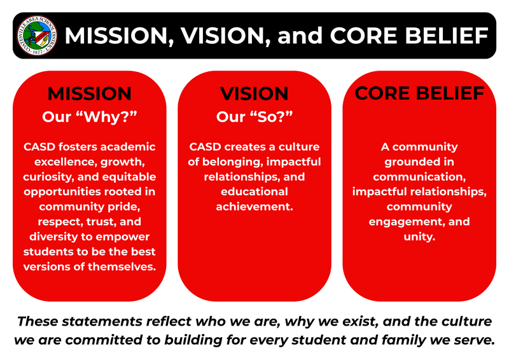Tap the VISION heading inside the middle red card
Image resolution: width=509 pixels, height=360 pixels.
click(x=254, y=93)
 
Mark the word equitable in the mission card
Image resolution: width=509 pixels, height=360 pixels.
click(x=130, y=176)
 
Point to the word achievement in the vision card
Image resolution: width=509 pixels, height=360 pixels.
click(x=254, y=207)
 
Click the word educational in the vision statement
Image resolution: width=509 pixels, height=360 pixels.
click(x=254, y=191)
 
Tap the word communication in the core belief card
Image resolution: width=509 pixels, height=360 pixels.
click(x=419, y=176)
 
